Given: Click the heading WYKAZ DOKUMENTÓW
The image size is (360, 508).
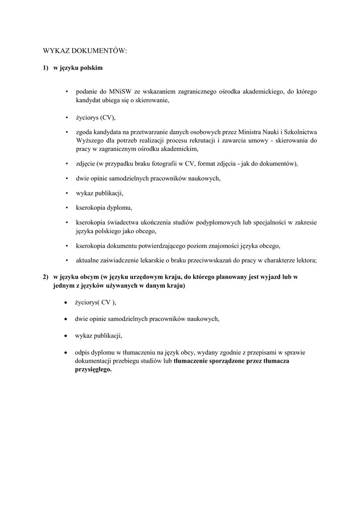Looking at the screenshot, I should (85, 51).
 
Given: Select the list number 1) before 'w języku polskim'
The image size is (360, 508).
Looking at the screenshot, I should (45, 68).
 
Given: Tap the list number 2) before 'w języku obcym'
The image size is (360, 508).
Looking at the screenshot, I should (45, 277).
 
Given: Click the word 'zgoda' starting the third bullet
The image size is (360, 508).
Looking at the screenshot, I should (84, 132).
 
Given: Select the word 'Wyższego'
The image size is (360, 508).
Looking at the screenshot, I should (89, 141).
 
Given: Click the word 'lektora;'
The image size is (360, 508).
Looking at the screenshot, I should (305, 260).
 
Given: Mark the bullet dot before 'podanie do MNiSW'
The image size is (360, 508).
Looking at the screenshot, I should (66, 92).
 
